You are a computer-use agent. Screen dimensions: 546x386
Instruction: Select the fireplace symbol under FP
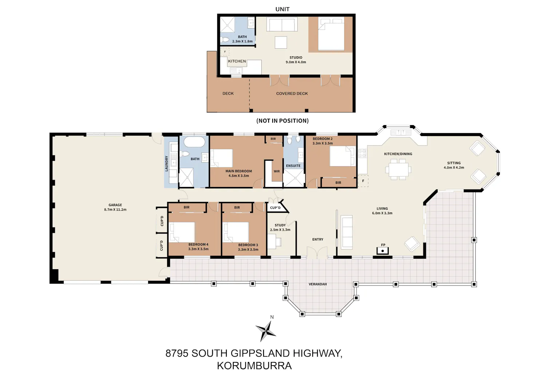pyautogui.click(x=383, y=251)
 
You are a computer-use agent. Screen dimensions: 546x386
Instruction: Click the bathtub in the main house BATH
pyautogui.click(x=194, y=142)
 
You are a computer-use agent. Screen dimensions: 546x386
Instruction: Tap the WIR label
pyautogui.click(x=277, y=171)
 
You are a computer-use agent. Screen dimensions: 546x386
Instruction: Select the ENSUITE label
pyautogui.click(x=293, y=166)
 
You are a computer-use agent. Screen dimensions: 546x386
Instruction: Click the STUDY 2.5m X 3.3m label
pyautogui.click(x=280, y=227)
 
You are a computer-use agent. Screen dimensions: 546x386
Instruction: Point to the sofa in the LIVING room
pyautogui.click(x=347, y=232)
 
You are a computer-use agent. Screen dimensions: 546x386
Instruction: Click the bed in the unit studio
pyautogui.click(x=331, y=34)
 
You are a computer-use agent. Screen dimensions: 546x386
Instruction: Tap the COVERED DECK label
pyautogui.click(x=292, y=93)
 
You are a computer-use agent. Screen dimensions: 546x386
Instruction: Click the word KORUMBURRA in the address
pyautogui.click(x=254, y=366)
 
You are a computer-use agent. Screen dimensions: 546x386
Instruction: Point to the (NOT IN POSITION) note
pyautogui.click(x=282, y=121)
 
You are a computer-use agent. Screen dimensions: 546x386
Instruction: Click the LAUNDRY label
pyautogui.click(x=167, y=163)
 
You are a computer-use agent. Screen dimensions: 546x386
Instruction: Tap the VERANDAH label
pyautogui.click(x=318, y=284)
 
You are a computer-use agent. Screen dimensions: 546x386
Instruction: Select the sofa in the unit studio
pyautogui.click(x=282, y=24)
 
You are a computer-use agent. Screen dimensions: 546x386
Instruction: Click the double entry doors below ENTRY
pyautogui.click(x=317, y=252)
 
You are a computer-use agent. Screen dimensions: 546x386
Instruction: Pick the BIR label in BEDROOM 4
pyautogui.click(x=186, y=207)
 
